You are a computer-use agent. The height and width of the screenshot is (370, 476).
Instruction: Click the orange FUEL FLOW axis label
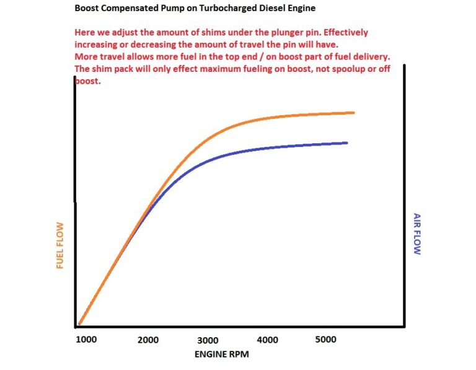(x=60, y=245)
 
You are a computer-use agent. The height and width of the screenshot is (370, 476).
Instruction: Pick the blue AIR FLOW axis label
(x=417, y=234)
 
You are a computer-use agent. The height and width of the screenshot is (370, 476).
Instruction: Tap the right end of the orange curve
(x=353, y=113)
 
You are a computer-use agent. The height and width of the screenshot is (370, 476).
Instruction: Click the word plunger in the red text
(x=291, y=32)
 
